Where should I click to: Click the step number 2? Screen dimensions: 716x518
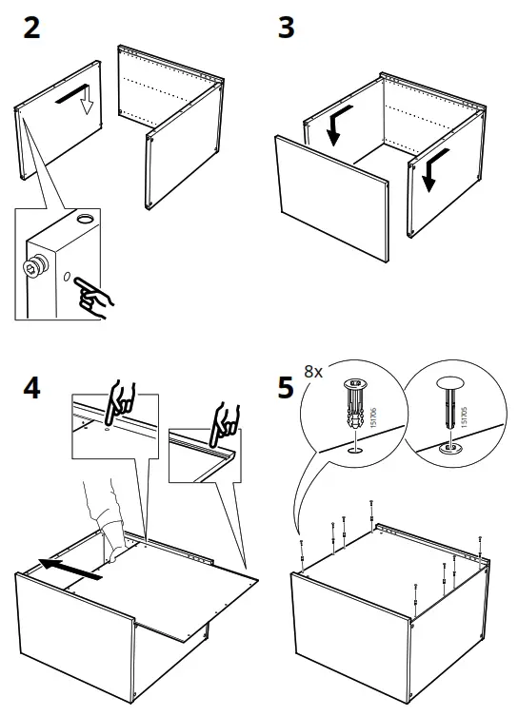point(31,27)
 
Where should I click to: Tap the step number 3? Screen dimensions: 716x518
point(286,27)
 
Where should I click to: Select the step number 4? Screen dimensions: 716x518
point(31,389)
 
